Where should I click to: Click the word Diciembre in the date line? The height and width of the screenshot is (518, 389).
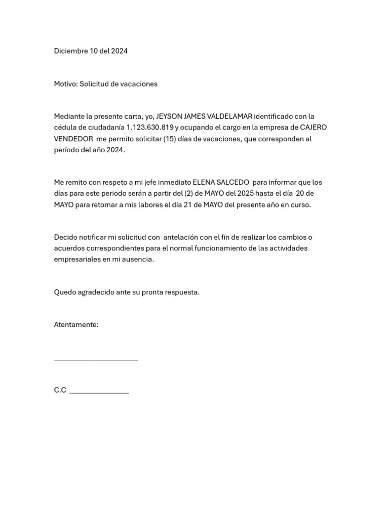[x=71, y=51]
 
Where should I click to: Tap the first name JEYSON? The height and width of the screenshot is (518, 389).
[x=169, y=116]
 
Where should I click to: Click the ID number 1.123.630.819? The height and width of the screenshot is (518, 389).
[x=150, y=127]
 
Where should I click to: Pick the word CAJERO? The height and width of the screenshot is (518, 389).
[x=314, y=127]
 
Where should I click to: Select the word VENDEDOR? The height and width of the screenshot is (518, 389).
[x=73, y=139]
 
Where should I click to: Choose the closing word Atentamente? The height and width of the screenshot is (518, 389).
[x=76, y=325]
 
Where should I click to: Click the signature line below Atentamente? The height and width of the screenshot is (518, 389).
[x=96, y=360]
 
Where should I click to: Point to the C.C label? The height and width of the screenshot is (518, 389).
[x=60, y=390]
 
